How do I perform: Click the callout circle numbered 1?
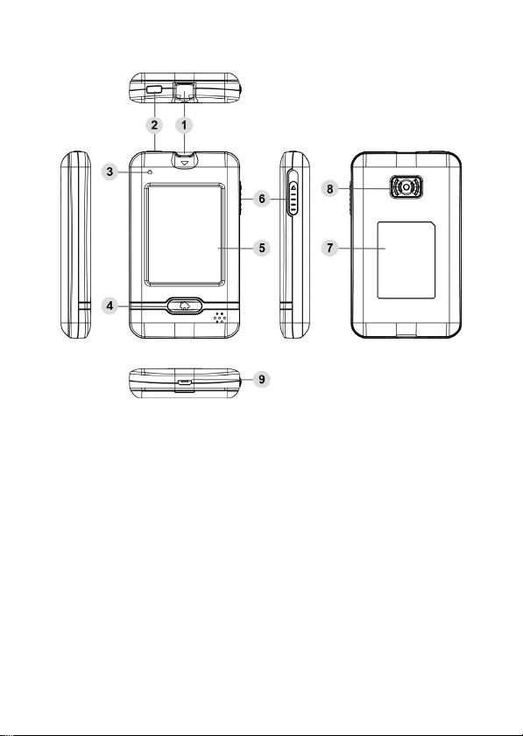click(184, 125)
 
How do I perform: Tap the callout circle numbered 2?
click(154, 125)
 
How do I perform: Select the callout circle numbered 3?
click(110, 172)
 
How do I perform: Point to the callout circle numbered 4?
click(110, 306)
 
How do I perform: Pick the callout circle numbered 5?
click(262, 248)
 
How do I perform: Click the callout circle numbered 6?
click(262, 199)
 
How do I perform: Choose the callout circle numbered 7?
click(330, 248)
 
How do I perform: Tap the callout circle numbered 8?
click(330, 189)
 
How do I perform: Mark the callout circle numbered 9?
click(262, 379)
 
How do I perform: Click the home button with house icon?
click(185, 305)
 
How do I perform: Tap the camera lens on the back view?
click(406, 186)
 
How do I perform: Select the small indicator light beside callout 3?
click(150, 172)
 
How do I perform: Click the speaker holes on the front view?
click(220, 317)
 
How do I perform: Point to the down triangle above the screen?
click(185, 163)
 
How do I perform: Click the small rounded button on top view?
click(154, 89)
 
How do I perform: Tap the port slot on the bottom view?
click(185, 382)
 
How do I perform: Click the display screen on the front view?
click(185, 235)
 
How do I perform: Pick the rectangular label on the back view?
click(406, 261)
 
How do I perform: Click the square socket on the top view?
click(185, 91)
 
